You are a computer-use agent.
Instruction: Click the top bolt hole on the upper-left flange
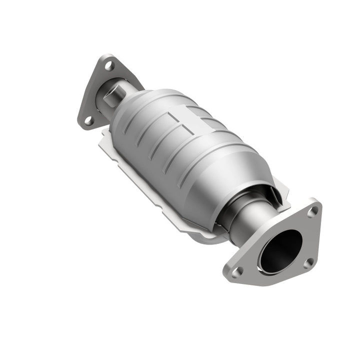(x=110, y=65)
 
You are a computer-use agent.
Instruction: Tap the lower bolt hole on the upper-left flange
(x=88, y=120)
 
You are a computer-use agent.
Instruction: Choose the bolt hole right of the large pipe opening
(x=308, y=261)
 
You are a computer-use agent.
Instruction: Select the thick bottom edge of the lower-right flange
(x=280, y=282)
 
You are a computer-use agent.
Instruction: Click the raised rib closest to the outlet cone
(x=210, y=165)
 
